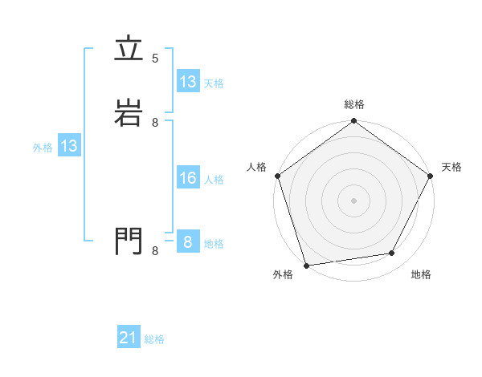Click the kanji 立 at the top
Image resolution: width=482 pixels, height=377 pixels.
128,50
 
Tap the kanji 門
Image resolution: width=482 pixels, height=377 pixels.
128,241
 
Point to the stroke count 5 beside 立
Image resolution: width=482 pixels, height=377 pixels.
155,59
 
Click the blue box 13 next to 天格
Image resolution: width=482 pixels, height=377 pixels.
188,82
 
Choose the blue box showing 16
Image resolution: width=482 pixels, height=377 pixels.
188,178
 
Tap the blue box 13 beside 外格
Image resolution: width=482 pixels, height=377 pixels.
69,146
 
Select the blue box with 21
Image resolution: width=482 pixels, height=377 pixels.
129,338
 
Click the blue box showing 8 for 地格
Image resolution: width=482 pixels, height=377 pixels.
188,242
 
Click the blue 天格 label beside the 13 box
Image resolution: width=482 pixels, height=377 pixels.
214,83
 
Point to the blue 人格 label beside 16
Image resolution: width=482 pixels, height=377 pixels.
214,180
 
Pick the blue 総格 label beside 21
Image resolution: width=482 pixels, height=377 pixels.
154,340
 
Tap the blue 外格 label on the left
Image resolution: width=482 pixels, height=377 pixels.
43,148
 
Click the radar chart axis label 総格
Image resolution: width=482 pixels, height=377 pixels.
354,104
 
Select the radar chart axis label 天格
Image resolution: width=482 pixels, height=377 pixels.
452,167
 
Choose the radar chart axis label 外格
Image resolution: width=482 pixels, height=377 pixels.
283,275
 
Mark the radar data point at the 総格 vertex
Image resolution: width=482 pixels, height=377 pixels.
354,122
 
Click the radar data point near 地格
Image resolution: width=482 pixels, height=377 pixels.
392,253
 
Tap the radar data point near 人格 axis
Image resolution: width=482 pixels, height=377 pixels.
278,176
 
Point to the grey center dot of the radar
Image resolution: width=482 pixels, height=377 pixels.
354,201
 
